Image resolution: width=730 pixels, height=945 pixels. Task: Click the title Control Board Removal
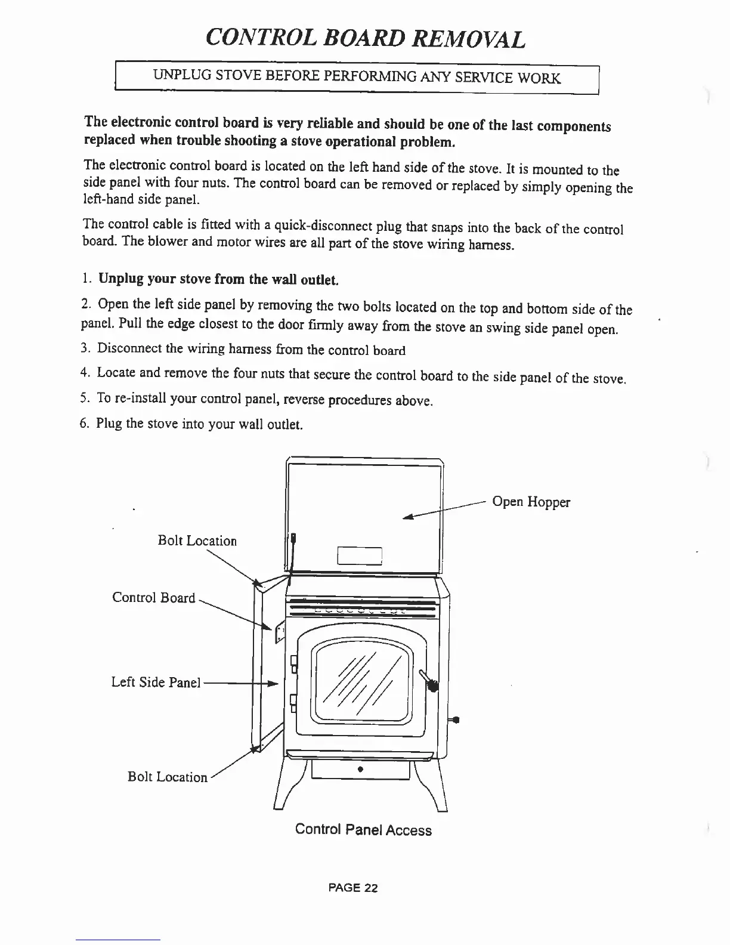tap(365, 38)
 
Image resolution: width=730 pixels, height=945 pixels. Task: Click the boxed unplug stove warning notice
tap(357, 78)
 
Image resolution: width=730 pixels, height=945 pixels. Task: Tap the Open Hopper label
tap(531, 502)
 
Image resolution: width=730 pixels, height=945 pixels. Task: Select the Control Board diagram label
tap(153, 598)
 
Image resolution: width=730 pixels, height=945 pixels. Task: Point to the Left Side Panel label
tap(156, 682)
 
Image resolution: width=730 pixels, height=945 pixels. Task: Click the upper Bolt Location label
tap(197, 541)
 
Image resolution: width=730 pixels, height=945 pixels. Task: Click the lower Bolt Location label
tap(168, 777)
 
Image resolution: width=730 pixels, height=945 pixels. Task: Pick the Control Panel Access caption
tap(363, 830)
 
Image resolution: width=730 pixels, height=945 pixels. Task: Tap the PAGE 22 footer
tap(353, 888)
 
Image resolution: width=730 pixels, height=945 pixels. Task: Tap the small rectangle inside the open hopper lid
tap(360, 555)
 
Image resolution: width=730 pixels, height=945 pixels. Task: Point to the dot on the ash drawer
tap(360, 768)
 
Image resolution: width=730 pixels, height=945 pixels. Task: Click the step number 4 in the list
tap(84, 373)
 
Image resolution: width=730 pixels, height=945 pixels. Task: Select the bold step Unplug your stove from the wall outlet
tap(218, 279)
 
